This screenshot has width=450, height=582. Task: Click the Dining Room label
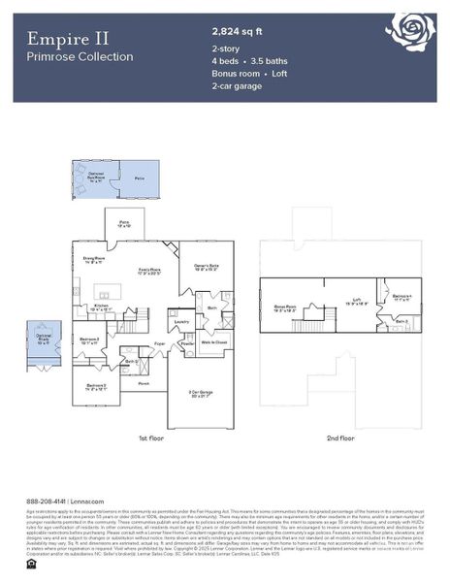click(94, 259)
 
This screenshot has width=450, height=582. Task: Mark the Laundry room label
click(181, 321)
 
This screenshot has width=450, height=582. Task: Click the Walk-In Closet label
click(212, 342)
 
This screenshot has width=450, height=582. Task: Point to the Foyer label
click(160, 343)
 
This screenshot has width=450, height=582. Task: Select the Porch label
click(143, 383)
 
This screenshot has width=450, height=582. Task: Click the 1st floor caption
click(151, 438)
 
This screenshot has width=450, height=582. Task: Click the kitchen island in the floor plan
click(108, 290)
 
